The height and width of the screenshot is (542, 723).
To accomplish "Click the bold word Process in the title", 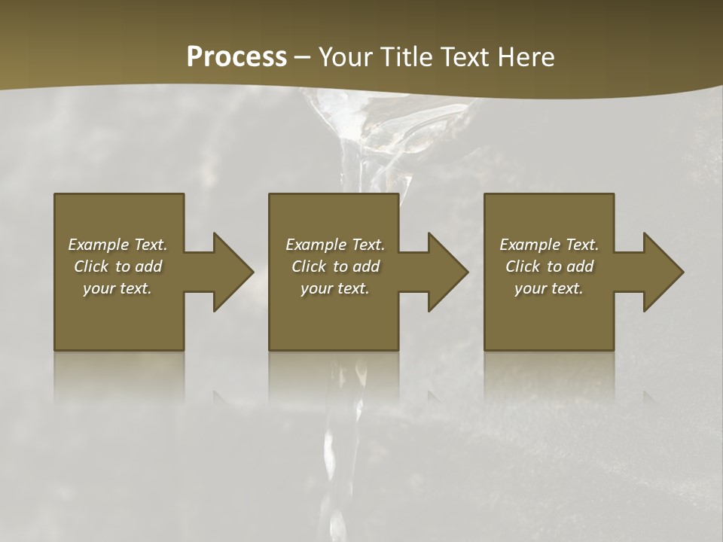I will click(236, 57).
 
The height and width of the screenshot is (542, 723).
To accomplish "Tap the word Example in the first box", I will click(99, 245).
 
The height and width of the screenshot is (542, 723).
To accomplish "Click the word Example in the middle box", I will click(316, 245).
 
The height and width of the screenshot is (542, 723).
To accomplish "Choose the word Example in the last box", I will click(529, 245).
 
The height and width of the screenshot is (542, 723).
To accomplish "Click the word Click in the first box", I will click(91, 266).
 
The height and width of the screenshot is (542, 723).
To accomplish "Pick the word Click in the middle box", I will click(309, 266).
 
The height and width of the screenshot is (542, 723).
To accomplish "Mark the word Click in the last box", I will click(523, 266).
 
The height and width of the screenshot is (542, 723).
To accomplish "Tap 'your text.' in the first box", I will click(117, 288).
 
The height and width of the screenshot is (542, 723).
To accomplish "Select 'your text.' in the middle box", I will click(335, 288).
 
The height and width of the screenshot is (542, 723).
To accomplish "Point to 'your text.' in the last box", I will click(549, 288).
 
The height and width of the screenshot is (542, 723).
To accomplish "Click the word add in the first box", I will click(148, 266).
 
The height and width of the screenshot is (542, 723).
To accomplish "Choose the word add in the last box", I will click(580, 266).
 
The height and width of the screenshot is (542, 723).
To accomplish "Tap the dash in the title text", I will click(303, 58).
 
